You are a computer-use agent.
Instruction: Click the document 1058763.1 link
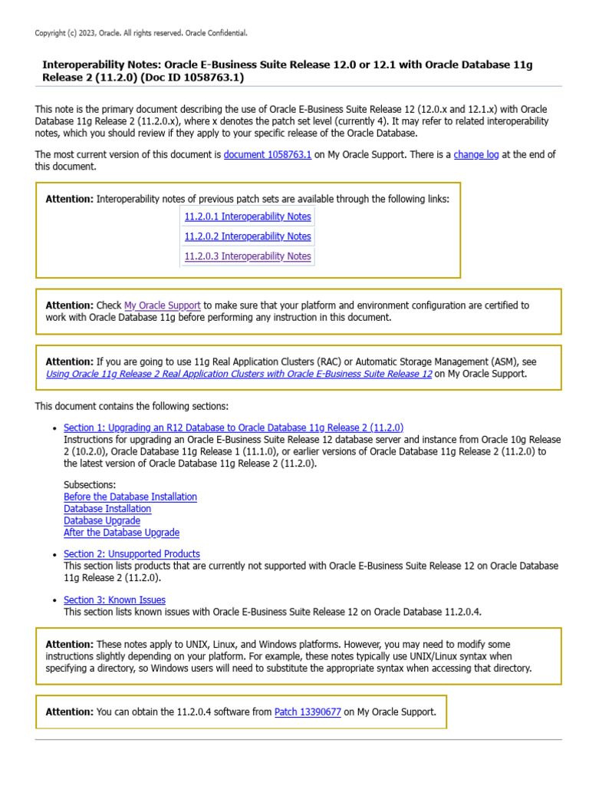click(x=267, y=154)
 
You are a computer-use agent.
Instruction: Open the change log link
click(x=476, y=154)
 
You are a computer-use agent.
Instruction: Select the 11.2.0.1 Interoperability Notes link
click(x=248, y=216)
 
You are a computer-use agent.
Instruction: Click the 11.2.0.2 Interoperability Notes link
click(x=248, y=236)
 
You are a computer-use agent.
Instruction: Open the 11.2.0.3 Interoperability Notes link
click(x=248, y=256)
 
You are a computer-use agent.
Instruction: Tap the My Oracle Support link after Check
click(x=163, y=305)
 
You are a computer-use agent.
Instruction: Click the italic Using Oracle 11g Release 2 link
click(x=239, y=374)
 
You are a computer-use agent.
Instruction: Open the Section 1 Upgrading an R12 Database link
click(x=233, y=428)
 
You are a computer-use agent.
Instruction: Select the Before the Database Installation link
click(x=130, y=497)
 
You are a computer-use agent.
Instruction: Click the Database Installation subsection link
click(x=107, y=508)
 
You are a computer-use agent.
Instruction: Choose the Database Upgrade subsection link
click(x=102, y=520)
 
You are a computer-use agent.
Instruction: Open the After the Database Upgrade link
click(x=121, y=532)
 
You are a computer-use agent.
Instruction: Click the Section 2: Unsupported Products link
click(x=132, y=553)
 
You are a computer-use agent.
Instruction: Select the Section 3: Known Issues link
click(x=114, y=599)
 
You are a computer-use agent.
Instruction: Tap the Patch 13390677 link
click(x=308, y=712)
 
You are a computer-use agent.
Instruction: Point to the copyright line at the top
click(x=141, y=33)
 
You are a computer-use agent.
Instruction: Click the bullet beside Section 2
click(x=54, y=554)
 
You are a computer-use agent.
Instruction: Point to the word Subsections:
click(x=90, y=485)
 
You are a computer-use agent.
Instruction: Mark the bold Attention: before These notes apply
click(x=70, y=644)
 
